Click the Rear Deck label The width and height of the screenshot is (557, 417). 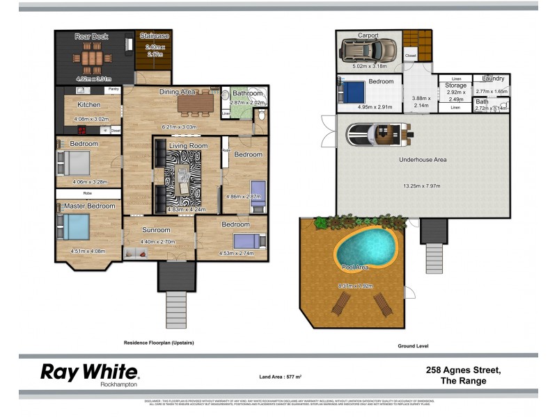[91, 37]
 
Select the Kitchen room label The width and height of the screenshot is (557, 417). [88, 105]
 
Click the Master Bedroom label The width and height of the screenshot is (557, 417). [90, 206]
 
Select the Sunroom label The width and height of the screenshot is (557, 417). [156, 229]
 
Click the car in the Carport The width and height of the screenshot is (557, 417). [369, 50]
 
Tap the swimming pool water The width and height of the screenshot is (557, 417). [366, 243]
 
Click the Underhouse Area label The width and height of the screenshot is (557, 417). [422, 160]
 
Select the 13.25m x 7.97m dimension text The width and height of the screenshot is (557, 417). [423, 186]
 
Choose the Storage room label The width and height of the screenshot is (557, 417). [455, 85]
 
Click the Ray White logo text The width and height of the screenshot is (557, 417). [90, 372]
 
